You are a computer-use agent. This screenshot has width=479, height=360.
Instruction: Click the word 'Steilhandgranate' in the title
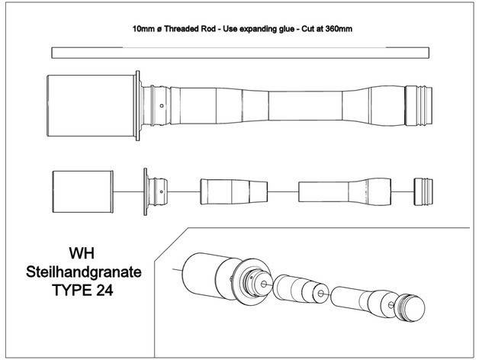tap(88, 271)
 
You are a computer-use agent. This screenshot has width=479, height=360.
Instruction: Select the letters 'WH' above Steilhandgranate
tap(88, 252)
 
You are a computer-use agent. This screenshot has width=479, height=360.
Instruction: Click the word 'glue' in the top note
tap(296, 28)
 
